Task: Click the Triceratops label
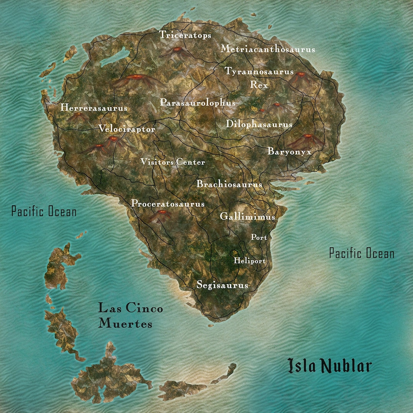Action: [185, 35]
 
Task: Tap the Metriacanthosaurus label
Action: [268, 49]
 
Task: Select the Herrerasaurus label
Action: [94, 108]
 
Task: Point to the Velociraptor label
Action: [127, 129]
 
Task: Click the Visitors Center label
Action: [172, 162]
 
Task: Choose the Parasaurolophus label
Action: [198, 103]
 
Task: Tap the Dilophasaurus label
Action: [259, 124]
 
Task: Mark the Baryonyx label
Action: [289, 151]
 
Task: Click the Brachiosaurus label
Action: [229, 184]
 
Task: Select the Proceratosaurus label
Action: [168, 204]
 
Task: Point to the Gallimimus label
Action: [247, 217]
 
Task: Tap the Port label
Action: [259, 237]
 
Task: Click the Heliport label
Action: [250, 261]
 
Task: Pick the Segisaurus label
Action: [222, 285]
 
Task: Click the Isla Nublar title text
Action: [329, 366]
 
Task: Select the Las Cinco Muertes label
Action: [130, 316]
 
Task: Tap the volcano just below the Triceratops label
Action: [177, 52]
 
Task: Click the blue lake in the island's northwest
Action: [115, 58]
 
